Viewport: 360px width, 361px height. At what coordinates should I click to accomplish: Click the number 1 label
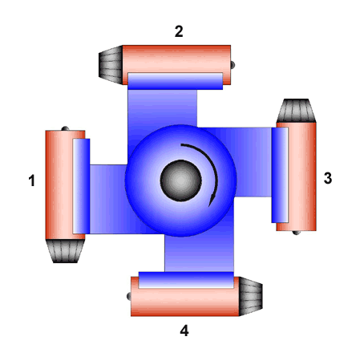click(32, 180)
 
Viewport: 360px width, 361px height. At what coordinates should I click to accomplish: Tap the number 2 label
click(179, 31)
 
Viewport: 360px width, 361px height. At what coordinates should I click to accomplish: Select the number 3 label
click(328, 178)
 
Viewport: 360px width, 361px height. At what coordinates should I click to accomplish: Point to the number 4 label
click(184, 331)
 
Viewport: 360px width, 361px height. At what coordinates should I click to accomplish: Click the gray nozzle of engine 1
click(65, 251)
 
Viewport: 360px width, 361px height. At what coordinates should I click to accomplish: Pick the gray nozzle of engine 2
click(111, 65)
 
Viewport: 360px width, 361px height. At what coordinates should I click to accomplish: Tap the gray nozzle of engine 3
click(297, 111)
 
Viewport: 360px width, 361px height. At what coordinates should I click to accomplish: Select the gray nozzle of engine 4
click(251, 296)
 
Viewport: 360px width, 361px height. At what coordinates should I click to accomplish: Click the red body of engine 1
click(59, 185)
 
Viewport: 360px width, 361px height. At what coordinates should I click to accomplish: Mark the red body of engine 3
click(302, 176)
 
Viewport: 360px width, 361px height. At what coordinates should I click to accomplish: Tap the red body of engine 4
click(185, 302)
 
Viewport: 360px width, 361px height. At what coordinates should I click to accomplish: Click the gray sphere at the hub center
click(180, 180)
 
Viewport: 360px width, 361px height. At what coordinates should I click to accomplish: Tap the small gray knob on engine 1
click(65, 128)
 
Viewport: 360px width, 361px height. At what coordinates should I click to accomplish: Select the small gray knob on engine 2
click(233, 65)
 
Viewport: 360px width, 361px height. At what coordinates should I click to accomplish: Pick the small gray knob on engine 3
click(297, 233)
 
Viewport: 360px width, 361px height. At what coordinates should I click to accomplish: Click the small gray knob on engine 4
click(128, 296)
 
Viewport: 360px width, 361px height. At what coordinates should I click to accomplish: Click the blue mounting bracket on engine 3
click(280, 175)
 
